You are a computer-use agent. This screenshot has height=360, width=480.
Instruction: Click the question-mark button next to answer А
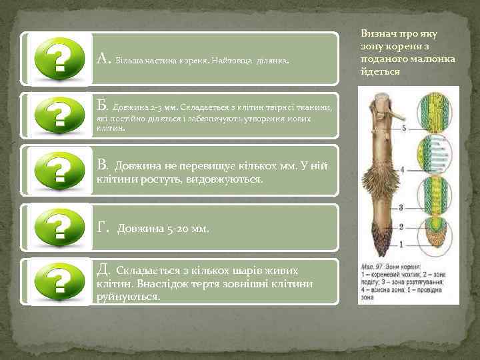pyautogui.click(x=59, y=59)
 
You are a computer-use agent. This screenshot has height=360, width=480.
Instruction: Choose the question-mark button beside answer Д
pyautogui.click(x=59, y=281)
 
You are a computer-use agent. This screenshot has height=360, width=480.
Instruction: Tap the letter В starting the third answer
pyautogui.click(x=102, y=163)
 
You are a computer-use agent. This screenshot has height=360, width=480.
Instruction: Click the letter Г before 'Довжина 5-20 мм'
pyautogui.click(x=102, y=227)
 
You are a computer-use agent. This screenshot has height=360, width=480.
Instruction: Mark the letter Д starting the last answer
pyautogui.click(x=103, y=269)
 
